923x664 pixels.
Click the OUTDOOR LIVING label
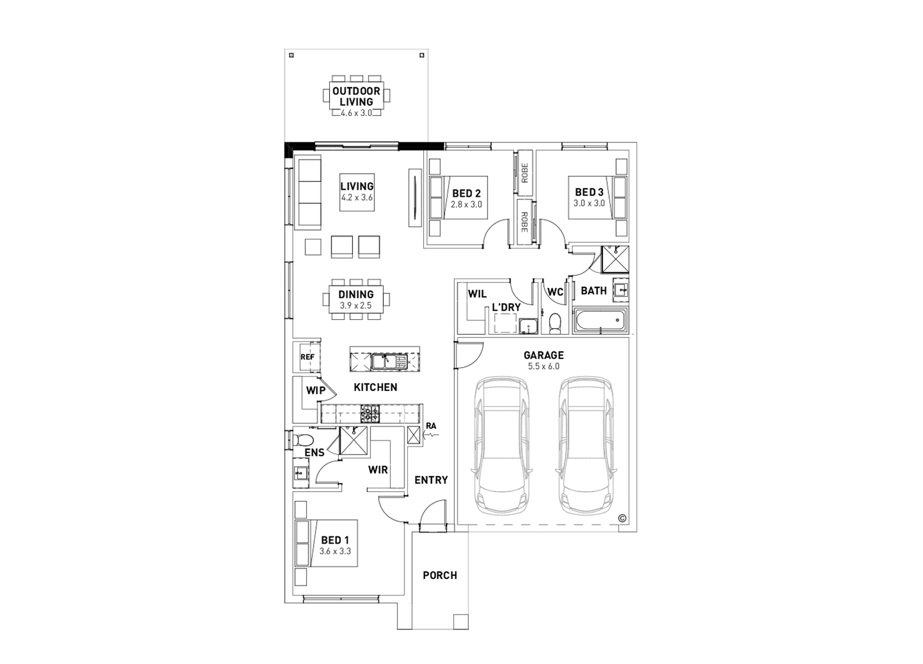point(356,96)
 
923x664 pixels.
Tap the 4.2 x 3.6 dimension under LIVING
point(357,198)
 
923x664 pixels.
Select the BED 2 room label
point(466,194)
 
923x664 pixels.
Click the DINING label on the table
point(356,294)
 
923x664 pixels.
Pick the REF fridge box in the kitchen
point(307,357)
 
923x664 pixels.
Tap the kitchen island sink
point(385,361)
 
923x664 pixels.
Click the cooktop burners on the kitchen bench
point(369,414)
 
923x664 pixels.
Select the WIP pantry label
point(315,390)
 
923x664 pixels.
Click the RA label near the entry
point(431,426)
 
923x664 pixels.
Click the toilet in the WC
point(554,324)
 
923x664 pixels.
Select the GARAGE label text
point(543,355)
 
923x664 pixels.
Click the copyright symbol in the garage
point(622,518)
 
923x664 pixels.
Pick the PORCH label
point(439,575)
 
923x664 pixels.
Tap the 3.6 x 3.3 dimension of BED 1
point(335,551)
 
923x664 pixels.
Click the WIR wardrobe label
point(378,469)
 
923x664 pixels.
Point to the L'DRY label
point(506,307)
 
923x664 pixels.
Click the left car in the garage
point(502,446)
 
